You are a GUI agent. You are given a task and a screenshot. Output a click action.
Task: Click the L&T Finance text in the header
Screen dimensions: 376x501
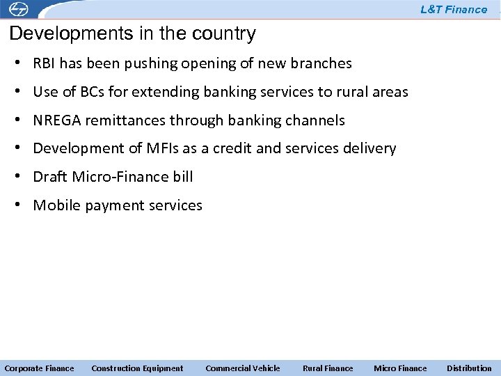(454, 10)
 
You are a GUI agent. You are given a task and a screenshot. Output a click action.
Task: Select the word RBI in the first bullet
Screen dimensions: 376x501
(45, 64)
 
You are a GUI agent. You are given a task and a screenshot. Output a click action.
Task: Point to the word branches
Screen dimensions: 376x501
(321, 64)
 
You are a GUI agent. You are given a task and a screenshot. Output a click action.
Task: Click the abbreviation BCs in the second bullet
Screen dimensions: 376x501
(90, 92)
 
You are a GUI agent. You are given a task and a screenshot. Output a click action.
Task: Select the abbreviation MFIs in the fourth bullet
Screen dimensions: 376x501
(163, 148)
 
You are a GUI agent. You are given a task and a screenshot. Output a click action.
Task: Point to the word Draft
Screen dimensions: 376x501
(48, 177)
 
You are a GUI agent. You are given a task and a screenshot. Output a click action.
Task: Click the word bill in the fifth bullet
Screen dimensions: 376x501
(183, 177)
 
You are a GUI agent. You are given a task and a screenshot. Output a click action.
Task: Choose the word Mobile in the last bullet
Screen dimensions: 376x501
(56, 205)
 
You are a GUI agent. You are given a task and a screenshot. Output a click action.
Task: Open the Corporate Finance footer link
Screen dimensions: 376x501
(39, 368)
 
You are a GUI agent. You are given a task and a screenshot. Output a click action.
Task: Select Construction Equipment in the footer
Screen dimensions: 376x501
(137, 368)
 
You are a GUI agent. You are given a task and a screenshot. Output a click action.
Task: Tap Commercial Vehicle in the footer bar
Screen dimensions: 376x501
(242, 368)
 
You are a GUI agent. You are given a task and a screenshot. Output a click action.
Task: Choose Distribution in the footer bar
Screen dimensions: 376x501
(469, 368)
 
